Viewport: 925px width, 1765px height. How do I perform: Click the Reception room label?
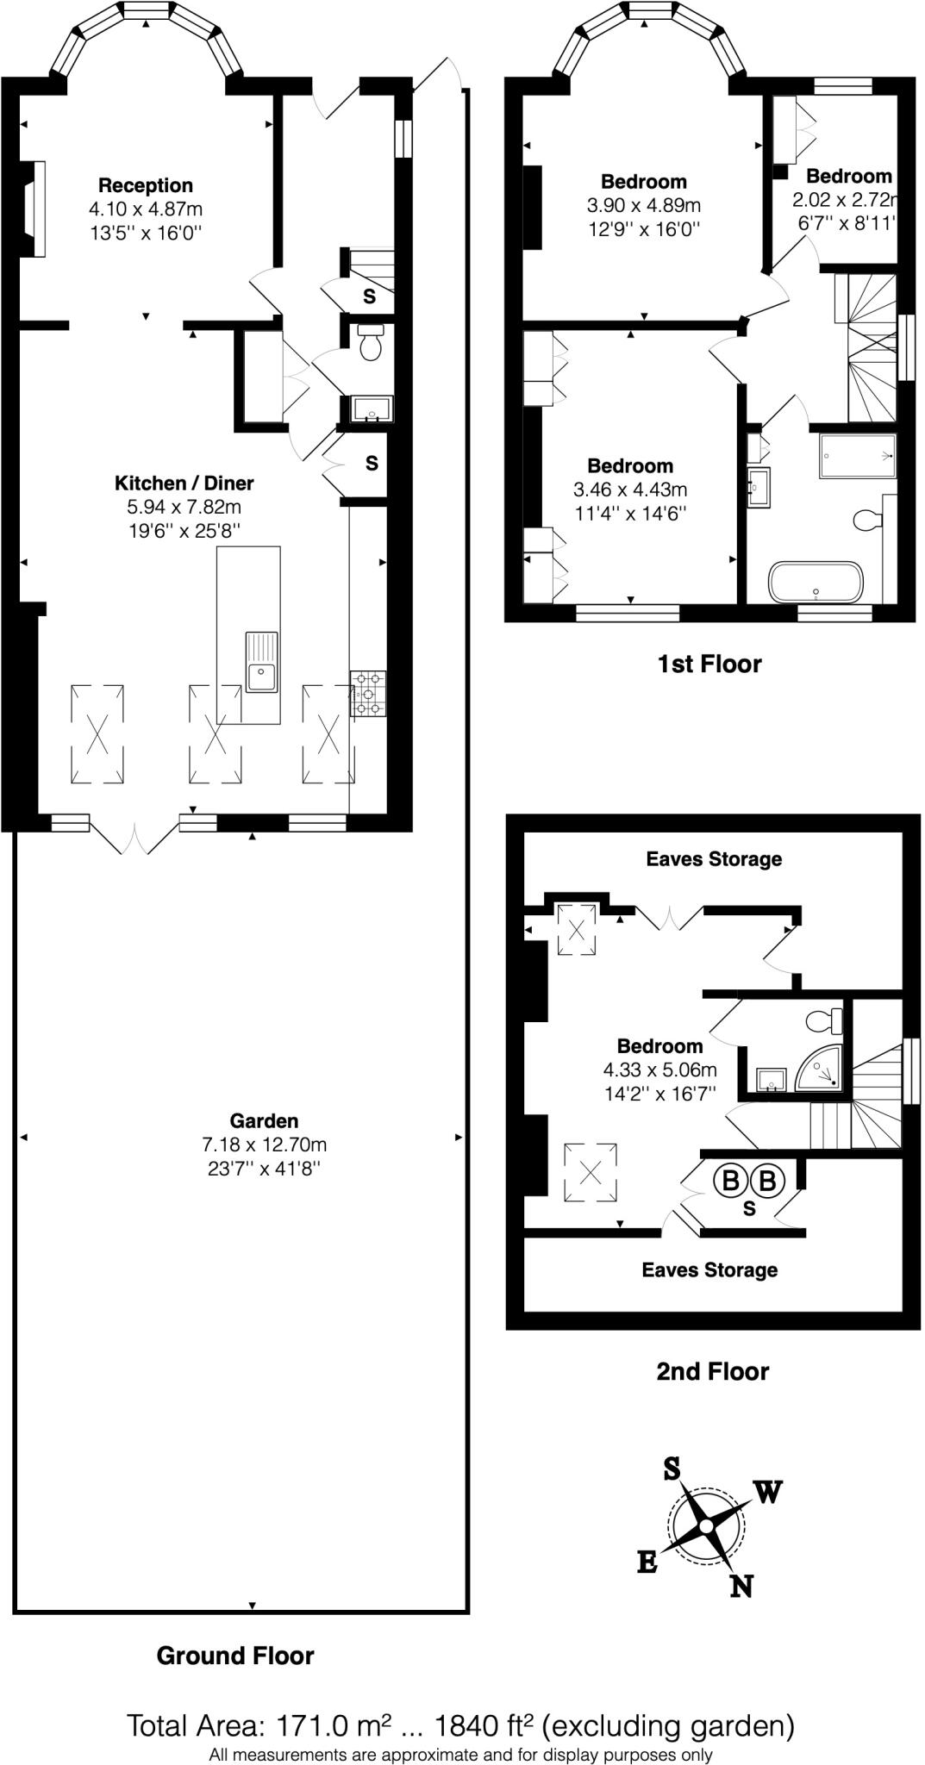(x=145, y=185)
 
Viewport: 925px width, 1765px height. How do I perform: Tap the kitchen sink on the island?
(x=261, y=677)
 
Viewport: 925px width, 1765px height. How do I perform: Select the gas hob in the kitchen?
(x=368, y=693)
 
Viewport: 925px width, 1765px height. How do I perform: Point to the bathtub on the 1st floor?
(x=815, y=583)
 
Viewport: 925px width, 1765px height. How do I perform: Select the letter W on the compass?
(x=767, y=1492)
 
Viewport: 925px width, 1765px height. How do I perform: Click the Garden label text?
(x=264, y=1120)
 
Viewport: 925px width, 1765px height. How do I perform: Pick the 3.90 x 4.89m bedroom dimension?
(x=643, y=205)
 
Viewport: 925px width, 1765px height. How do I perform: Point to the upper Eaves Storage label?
(x=714, y=858)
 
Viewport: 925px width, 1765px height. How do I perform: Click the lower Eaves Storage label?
(x=709, y=1269)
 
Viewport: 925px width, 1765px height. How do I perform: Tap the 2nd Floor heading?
(x=712, y=1371)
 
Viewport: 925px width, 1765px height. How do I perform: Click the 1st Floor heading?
(x=709, y=664)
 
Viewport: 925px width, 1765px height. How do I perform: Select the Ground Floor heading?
(x=235, y=1656)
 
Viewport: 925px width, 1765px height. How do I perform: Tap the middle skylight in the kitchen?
(x=215, y=734)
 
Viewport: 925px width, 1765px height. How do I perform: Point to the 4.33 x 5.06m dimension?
(x=659, y=1070)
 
